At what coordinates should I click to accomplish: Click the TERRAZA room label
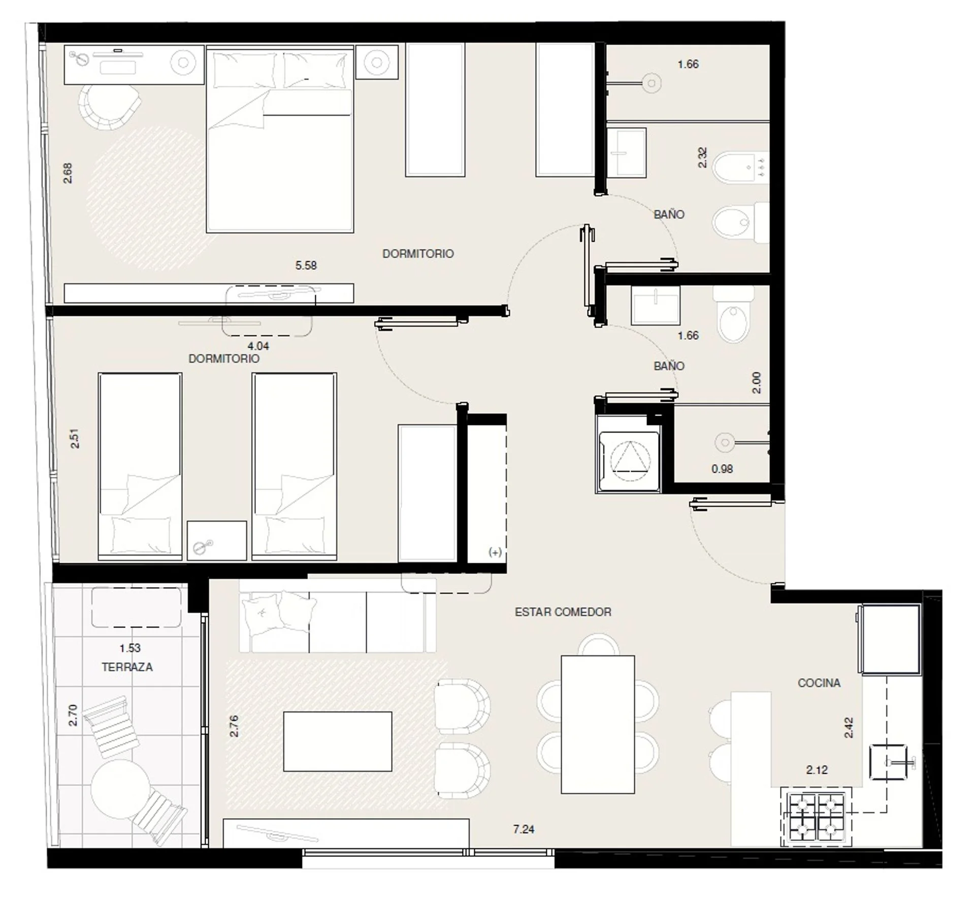point(127,667)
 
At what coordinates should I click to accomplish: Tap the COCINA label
point(819,683)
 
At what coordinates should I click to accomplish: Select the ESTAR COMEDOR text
point(563,612)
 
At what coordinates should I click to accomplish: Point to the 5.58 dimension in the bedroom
point(306,265)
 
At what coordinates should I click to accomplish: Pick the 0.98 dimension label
point(722,469)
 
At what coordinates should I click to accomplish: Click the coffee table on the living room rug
point(338,741)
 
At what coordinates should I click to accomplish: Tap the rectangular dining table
point(598,724)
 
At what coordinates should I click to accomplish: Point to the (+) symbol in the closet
point(495,552)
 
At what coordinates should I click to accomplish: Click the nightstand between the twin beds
point(217,540)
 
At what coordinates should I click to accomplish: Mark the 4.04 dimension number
point(258,346)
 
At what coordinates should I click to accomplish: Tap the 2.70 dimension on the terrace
point(73,715)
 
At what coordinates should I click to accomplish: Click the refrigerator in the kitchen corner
point(889,639)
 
